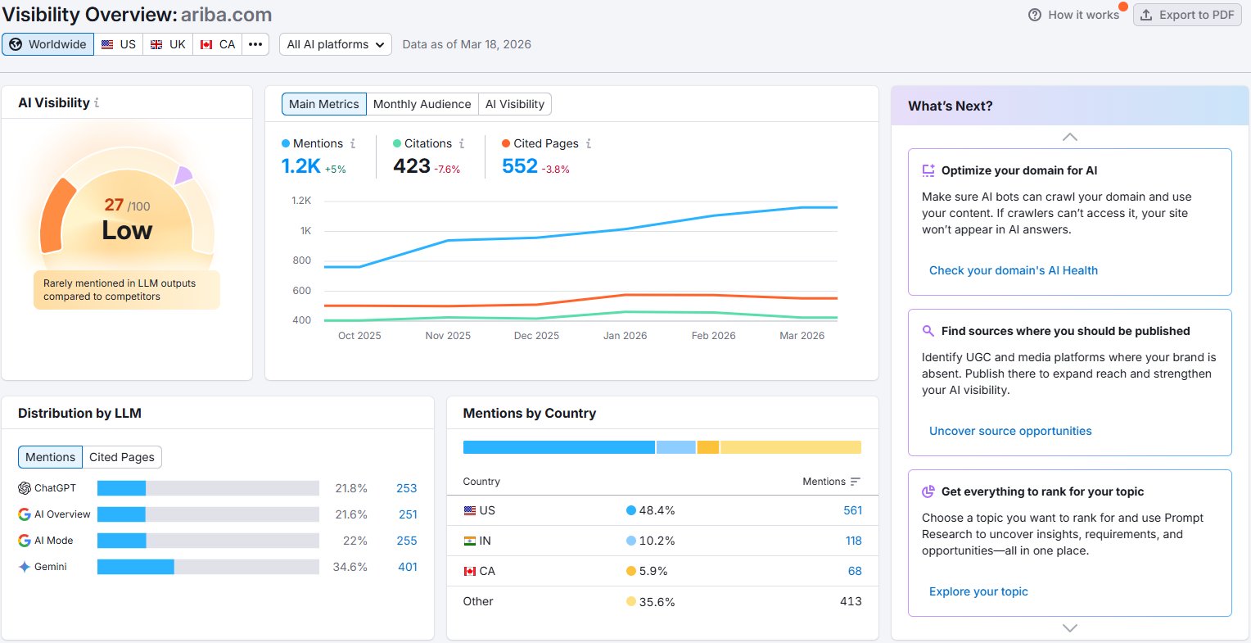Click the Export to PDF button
tap(1187, 15)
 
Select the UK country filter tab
tap(168, 44)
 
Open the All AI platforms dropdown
tap(335, 44)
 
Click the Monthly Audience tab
tap(422, 104)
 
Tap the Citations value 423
tap(412, 166)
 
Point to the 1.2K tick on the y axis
tap(301, 201)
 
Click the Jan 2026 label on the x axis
tap(625, 335)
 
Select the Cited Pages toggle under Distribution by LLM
tap(122, 457)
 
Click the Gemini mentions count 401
tap(408, 567)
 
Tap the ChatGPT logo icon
tap(24, 487)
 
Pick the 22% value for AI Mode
tap(355, 541)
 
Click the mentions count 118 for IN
tap(853, 541)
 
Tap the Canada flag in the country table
tap(470, 571)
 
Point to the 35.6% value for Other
tap(657, 602)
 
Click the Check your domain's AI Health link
tap(1013, 270)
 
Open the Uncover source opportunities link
tap(1010, 431)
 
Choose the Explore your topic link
tap(978, 591)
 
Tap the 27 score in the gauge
tap(114, 205)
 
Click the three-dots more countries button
tap(255, 44)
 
